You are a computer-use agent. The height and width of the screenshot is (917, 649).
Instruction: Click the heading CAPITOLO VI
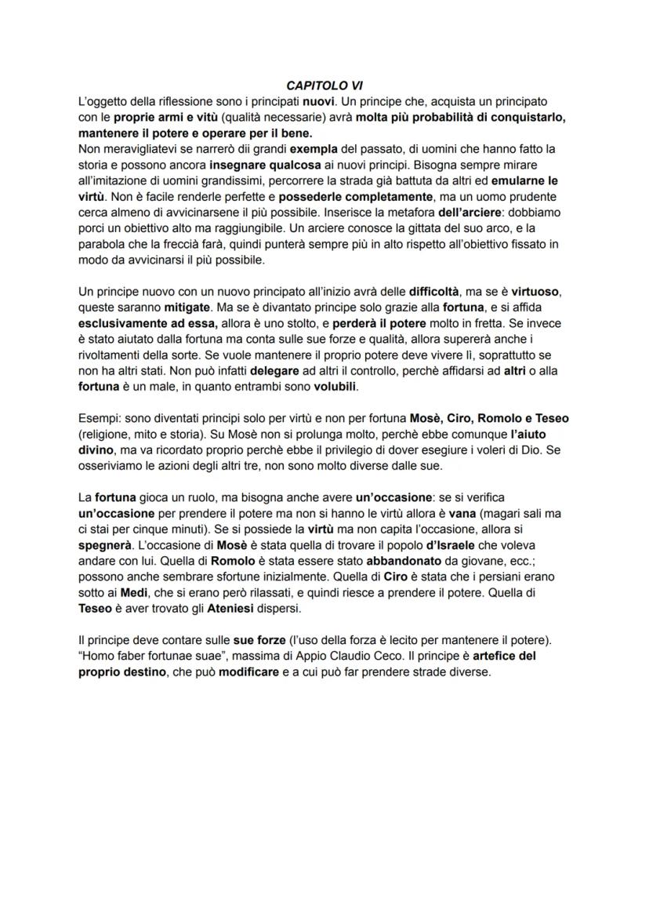[324, 86]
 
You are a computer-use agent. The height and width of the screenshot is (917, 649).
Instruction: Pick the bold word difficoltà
[441, 293]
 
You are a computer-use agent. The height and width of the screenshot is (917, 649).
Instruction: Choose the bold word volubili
[335, 388]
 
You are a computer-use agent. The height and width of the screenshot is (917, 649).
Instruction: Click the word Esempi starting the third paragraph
[99, 420]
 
